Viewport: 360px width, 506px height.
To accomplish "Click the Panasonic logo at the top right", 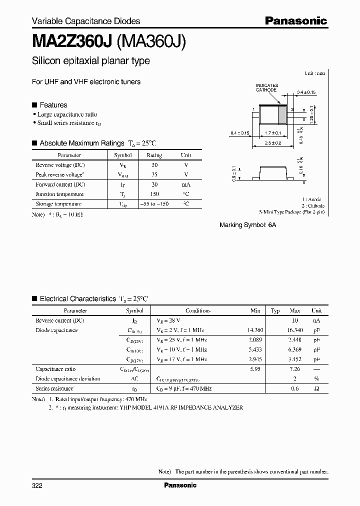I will (x=295, y=20).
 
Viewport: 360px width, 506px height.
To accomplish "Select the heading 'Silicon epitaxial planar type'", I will (x=90, y=61).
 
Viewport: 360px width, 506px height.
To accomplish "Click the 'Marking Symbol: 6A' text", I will (x=247, y=225).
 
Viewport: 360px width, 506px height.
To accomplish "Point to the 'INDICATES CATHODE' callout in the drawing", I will (x=266, y=88).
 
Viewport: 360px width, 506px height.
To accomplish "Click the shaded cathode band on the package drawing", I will (x=281, y=116).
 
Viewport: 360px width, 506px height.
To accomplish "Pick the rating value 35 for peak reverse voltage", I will (x=154, y=174).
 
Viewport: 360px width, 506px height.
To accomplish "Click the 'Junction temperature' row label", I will (x=59, y=194).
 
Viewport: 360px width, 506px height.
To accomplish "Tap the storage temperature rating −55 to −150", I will (x=154, y=204).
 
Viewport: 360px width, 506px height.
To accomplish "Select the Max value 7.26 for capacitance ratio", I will (x=294, y=369).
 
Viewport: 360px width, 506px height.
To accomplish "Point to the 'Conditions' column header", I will (x=198, y=310).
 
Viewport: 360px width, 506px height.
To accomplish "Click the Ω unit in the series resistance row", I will (x=316, y=388).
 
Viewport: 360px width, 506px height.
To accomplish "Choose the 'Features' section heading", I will (x=53, y=105).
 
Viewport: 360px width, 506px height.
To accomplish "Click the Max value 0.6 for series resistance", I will (x=295, y=388).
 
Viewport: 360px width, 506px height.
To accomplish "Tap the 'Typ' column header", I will (x=275, y=310).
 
